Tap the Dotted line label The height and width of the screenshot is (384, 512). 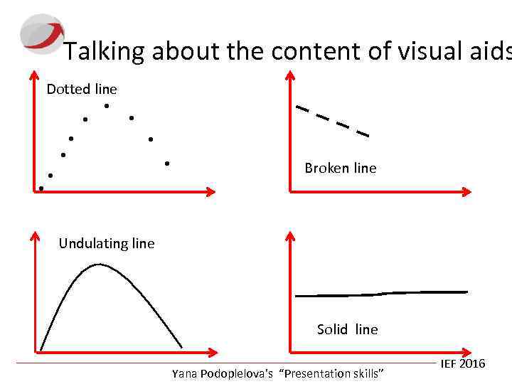tap(82, 89)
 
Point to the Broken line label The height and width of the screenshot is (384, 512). tap(340, 168)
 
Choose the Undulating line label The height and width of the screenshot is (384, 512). tap(106, 243)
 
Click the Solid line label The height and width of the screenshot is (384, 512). tap(347, 329)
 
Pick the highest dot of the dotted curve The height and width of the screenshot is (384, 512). tap(106, 106)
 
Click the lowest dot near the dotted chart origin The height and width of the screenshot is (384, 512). tap(41, 188)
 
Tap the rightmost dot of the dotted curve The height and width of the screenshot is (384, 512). tap(166, 164)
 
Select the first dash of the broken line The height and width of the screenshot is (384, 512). tap(302, 109)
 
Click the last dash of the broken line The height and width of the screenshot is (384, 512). tap(363, 132)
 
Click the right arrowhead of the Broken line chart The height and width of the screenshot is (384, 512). tap(466, 191)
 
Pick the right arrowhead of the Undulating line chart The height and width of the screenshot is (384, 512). tap(211, 351)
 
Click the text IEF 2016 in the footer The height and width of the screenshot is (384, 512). tap(462, 364)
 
